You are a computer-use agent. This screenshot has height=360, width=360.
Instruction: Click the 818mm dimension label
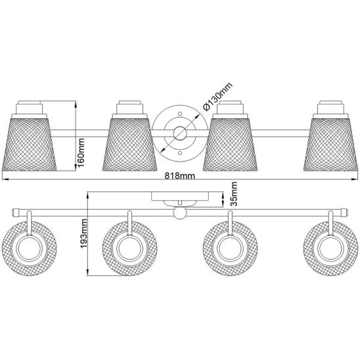click(180, 175)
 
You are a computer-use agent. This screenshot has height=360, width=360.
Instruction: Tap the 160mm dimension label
click(81, 152)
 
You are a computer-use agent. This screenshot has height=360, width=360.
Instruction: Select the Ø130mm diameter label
click(217, 97)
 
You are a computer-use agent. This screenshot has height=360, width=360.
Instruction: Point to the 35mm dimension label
click(234, 194)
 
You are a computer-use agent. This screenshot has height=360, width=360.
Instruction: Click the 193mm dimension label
click(83, 233)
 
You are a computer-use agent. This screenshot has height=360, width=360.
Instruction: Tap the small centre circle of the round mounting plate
click(180, 133)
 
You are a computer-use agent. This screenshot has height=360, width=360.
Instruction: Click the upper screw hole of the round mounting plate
click(180, 114)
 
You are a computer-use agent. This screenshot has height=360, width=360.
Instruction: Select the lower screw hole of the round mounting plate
click(180, 152)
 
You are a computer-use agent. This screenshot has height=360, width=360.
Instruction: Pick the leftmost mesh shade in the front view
click(29, 144)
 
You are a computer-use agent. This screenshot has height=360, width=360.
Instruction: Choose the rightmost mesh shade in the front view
click(330, 144)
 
